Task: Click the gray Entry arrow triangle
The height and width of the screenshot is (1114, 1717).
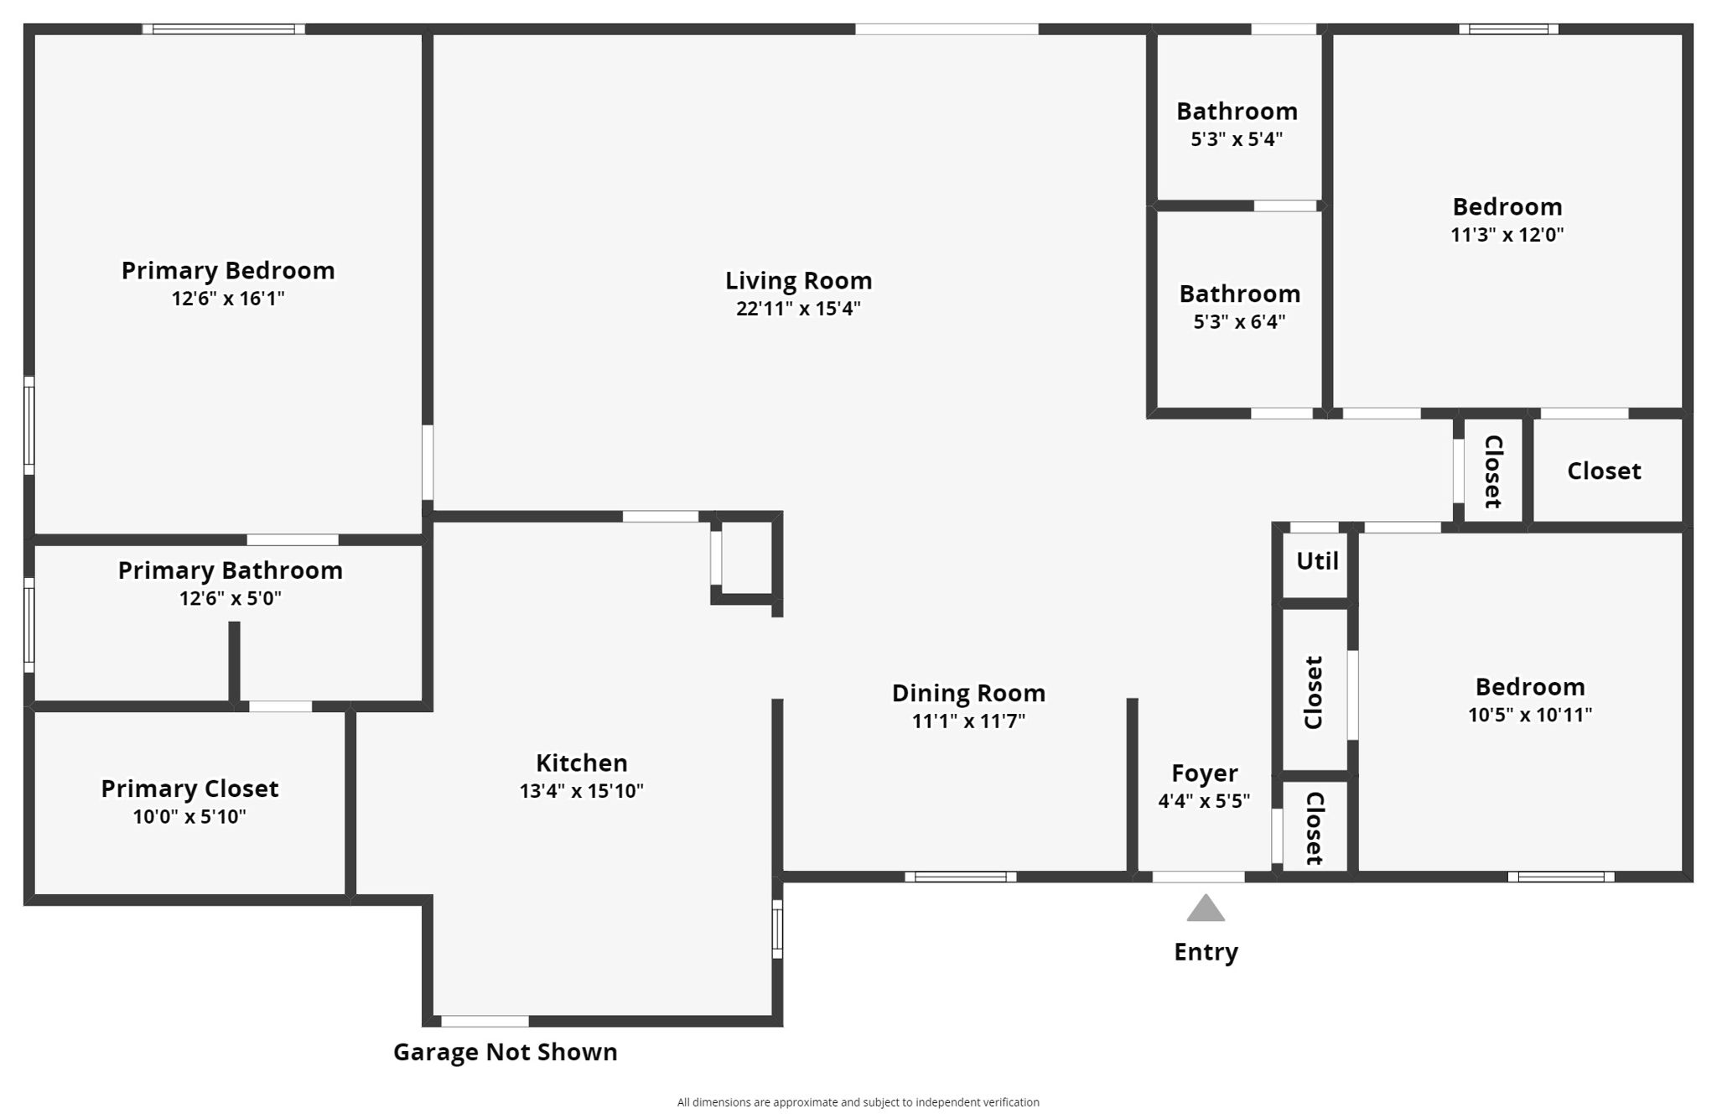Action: (1206, 909)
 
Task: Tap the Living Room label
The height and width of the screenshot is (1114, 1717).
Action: (798, 280)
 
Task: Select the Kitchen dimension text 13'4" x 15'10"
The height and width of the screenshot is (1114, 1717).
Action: (581, 791)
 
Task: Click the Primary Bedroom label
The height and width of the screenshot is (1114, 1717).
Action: (228, 270)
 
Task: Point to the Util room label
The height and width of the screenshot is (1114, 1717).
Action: (1317, 561)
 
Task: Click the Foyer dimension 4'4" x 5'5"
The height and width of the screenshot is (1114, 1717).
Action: (1204, 801)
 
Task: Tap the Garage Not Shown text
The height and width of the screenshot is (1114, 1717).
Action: (505, 1052)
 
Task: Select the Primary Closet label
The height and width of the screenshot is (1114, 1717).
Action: (189, 789)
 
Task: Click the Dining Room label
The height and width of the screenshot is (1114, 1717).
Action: (968, 693)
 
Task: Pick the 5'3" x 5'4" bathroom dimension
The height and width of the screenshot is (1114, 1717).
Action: (1237, 139)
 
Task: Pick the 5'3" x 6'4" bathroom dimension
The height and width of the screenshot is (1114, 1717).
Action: (1239, 321)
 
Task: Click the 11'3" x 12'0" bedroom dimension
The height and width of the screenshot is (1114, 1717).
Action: (1507, 235)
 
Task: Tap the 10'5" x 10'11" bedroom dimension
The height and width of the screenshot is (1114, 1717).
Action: (1529, 715)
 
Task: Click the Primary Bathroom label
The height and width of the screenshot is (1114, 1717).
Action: (230, 570)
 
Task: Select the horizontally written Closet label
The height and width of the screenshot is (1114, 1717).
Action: (1604, 471)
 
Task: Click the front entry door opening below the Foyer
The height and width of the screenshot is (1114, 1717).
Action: (1198, 877)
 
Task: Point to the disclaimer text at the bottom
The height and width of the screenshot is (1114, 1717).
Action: (858, 1102)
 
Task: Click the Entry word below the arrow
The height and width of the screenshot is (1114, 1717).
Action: (1206, 952)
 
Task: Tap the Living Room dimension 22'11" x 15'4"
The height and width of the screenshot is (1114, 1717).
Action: (798, 309)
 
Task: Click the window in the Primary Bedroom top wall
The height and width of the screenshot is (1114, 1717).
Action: (224, 29)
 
